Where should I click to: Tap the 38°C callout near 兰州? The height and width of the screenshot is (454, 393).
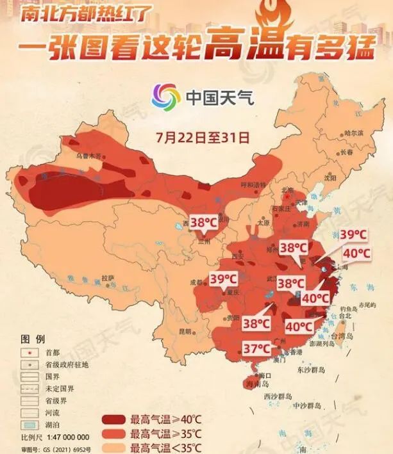(x=204, y=223)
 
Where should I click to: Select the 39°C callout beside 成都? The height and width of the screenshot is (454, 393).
(x=224, y=279)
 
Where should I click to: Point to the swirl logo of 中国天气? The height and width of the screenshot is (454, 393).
(x=165, y=97)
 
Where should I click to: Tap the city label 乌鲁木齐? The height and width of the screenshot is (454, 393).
(x=90, y=156)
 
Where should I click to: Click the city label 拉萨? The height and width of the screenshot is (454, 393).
(x=108, y=277)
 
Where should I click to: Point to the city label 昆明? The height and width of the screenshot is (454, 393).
(x=185, y=331)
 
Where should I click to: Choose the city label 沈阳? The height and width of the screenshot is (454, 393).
(x=330, y=178)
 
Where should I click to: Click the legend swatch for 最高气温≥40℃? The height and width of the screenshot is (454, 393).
(x=113, y=420)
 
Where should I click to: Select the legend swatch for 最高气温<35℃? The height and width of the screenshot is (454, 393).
(x=113, y=447)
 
